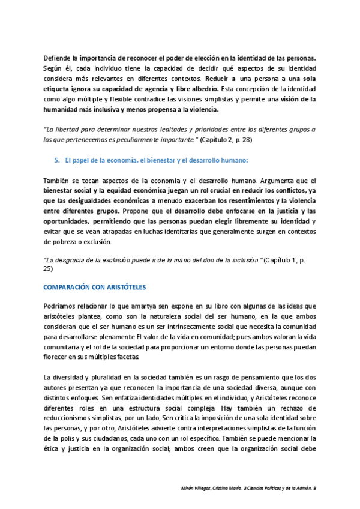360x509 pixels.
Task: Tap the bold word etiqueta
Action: pyautogui.click(x=59, y=89)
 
